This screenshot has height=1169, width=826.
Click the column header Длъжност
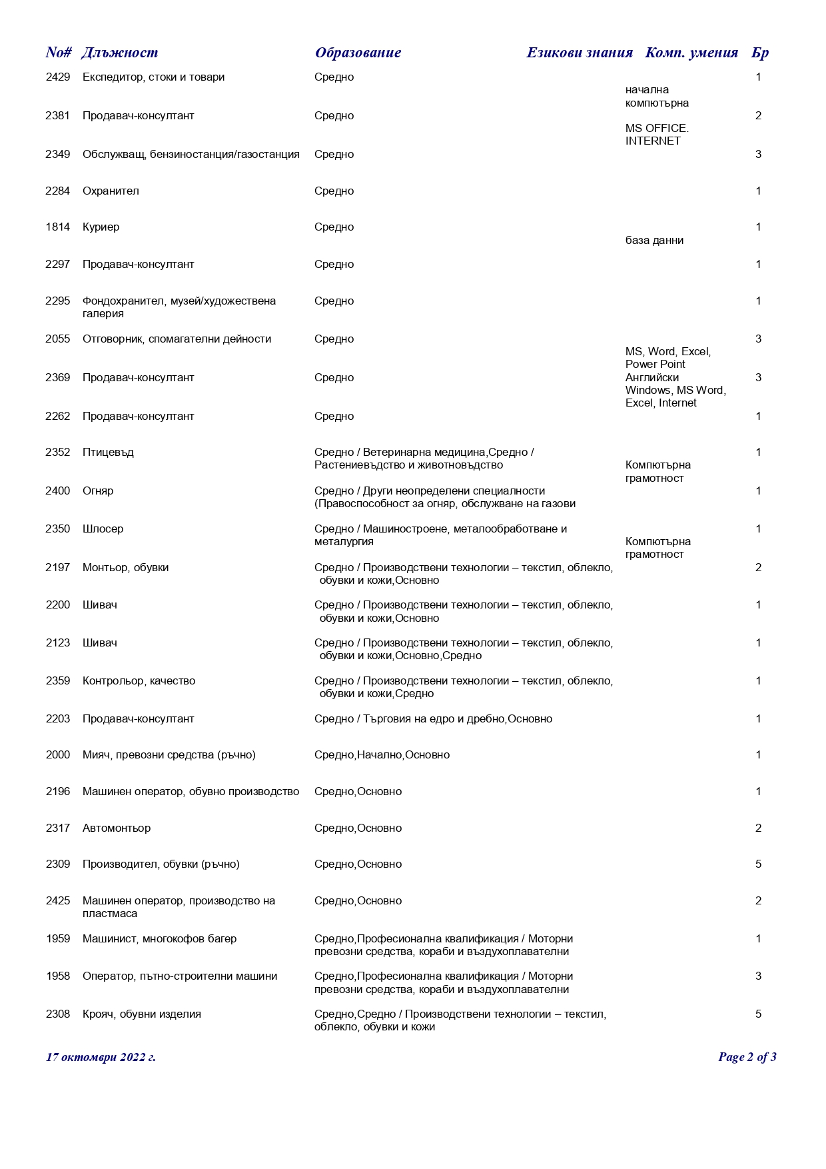(120, 53)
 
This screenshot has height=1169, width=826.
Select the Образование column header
(358, 53)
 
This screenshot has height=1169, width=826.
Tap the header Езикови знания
(579, 53)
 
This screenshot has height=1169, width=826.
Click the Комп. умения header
(691, 53)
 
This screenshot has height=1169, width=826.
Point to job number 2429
(58, 77)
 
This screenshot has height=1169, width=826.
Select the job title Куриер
(101, 227)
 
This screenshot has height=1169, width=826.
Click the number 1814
(58, 227)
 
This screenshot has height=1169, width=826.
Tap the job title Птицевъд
(108, 453)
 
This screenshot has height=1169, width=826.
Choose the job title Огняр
(98, 491)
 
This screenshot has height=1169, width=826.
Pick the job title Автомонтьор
(117, 828)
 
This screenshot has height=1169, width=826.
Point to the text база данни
(654, 241)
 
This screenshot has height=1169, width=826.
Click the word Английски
(652, 378)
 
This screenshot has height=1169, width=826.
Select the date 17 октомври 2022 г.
(101, 1057)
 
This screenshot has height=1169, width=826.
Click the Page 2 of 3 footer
(747, 1057)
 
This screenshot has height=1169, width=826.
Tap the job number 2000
(58, 755)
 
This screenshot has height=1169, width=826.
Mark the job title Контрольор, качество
(139, 681)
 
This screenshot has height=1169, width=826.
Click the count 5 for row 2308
(758, 1014)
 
